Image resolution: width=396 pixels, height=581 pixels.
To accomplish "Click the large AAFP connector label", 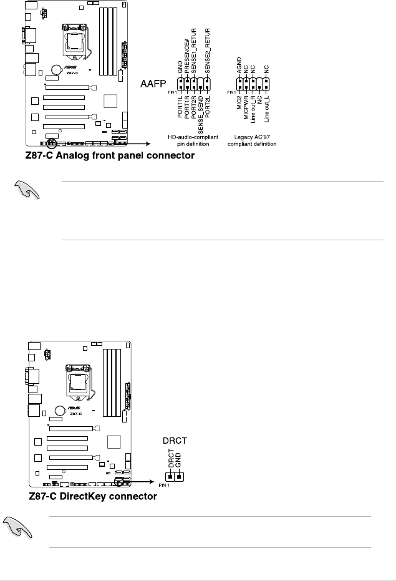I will click(151, 82).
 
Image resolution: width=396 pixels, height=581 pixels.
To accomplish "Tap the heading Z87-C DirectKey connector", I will click(92, 497).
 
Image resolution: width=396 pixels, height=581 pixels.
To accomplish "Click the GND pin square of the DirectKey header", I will click(179, 477).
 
